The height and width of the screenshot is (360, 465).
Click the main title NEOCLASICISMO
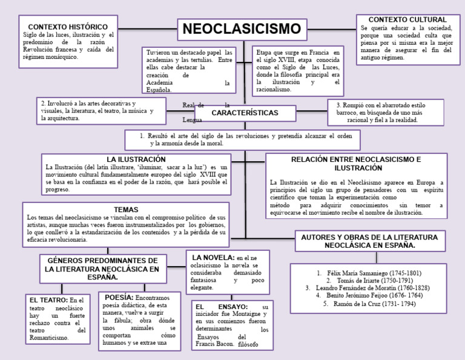[x=242, y=28]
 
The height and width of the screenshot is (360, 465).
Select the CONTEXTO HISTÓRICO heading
[x=68, y=27]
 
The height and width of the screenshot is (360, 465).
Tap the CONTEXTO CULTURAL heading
[x=407, y=20]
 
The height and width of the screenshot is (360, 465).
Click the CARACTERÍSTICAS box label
[x=245, y=113]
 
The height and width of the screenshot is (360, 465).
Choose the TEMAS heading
[x=126, y=209]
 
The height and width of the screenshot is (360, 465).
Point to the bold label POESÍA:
[x=119, y=298]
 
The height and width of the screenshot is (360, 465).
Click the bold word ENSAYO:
[x=231, y=307]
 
